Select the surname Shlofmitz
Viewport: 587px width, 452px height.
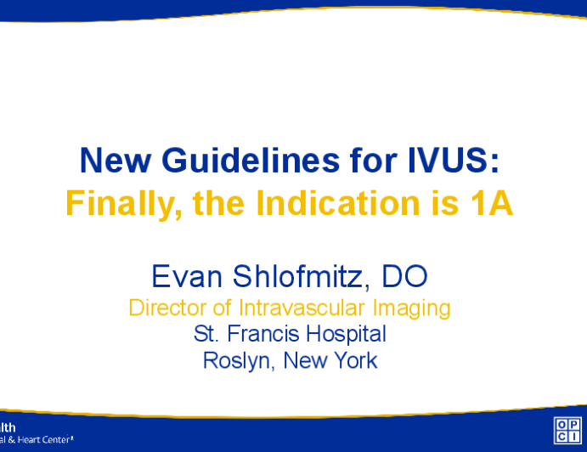click(x=296, y=276)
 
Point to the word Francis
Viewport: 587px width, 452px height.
click(x=257, y=334)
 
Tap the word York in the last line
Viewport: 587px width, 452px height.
click(x=355, y=360)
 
